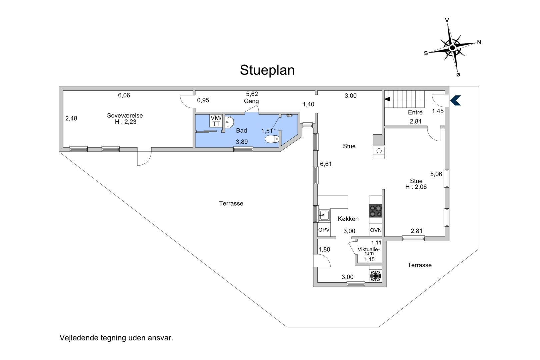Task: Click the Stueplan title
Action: tap(267, 70)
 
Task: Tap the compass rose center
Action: tap(452, 48)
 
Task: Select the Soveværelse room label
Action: tap(125, 115)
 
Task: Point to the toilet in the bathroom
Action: tap(272, 139)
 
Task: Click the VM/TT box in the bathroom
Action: tap(216, 121)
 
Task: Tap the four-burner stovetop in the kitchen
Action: tap(376, 211)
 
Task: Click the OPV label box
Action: tap(324, 230)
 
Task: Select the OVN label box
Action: tap(376, 230)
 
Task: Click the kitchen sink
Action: tap(324, 215)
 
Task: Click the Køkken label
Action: tap(348, 219)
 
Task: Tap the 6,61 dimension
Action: tap(326, 164)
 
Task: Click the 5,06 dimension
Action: tap(436, 174)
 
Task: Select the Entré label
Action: tap(415, 112)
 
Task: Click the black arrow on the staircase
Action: tap(387, 99)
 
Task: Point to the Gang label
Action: tap(251, 101)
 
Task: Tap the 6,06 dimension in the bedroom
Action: tap(124, 95)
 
